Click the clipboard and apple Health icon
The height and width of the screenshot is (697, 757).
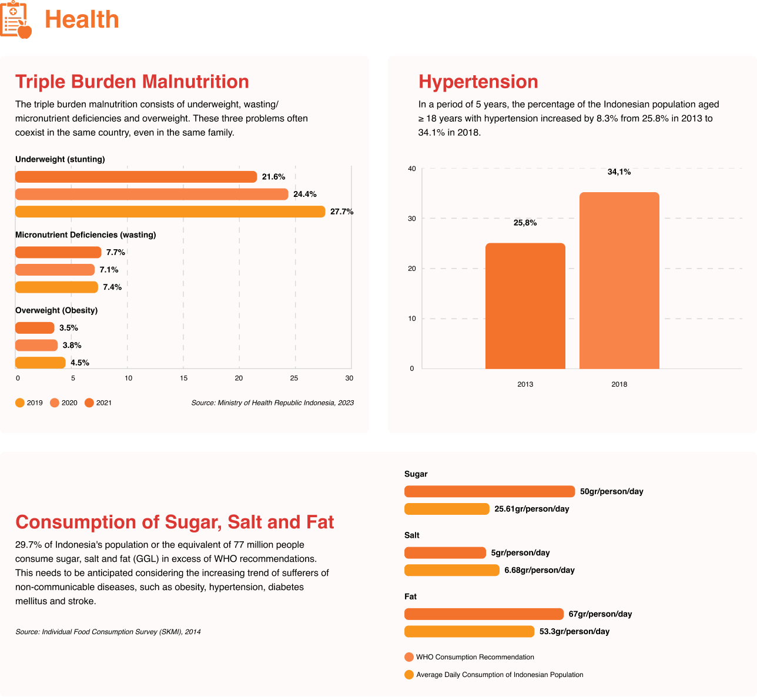16,19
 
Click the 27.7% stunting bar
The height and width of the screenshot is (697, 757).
170,212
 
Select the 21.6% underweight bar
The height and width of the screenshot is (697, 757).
136,177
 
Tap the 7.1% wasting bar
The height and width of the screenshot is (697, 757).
55,270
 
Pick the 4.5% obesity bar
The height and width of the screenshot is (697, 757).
40,363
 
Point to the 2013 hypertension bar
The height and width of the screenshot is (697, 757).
525,306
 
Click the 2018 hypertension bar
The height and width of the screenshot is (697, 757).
619,280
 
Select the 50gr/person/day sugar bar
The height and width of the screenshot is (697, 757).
489,491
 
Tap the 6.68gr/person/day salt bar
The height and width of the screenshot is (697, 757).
451,570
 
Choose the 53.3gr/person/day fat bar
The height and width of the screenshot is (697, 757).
469,632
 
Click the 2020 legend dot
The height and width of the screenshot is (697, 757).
55,403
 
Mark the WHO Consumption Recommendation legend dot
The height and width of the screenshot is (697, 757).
409,657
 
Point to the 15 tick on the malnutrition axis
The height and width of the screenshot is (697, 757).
183,378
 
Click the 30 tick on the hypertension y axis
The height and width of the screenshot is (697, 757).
412,219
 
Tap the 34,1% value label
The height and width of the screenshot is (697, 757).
619,172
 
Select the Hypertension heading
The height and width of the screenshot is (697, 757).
478,82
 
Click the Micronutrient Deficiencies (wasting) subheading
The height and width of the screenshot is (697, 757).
85,235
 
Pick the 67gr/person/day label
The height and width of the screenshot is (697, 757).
600,614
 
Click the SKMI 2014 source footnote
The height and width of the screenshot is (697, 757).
108,632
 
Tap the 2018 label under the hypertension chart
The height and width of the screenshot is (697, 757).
619,384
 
